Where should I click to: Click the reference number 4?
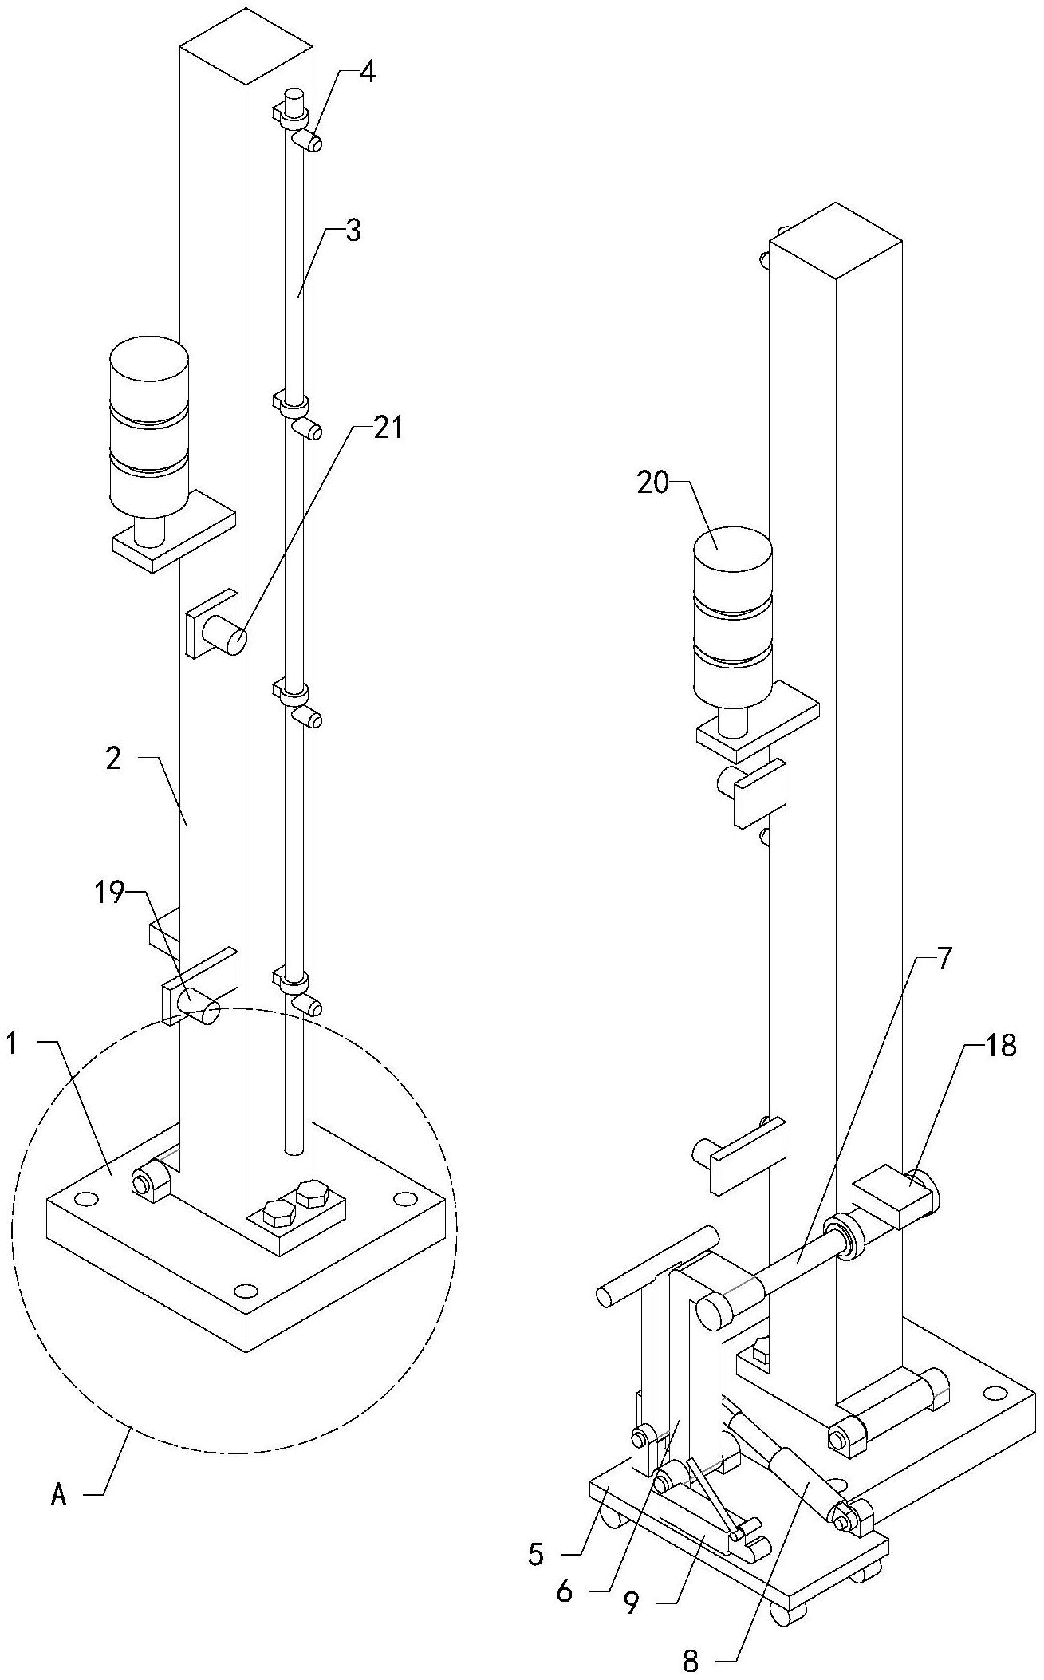pos(367,72)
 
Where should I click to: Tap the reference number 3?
pos(353,231)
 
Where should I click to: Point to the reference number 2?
pos(113,759)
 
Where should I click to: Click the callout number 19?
pos(111,894)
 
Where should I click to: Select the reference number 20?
pos(652,483)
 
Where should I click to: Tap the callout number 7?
pos(944,959)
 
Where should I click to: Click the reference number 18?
pos(1002,1046)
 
